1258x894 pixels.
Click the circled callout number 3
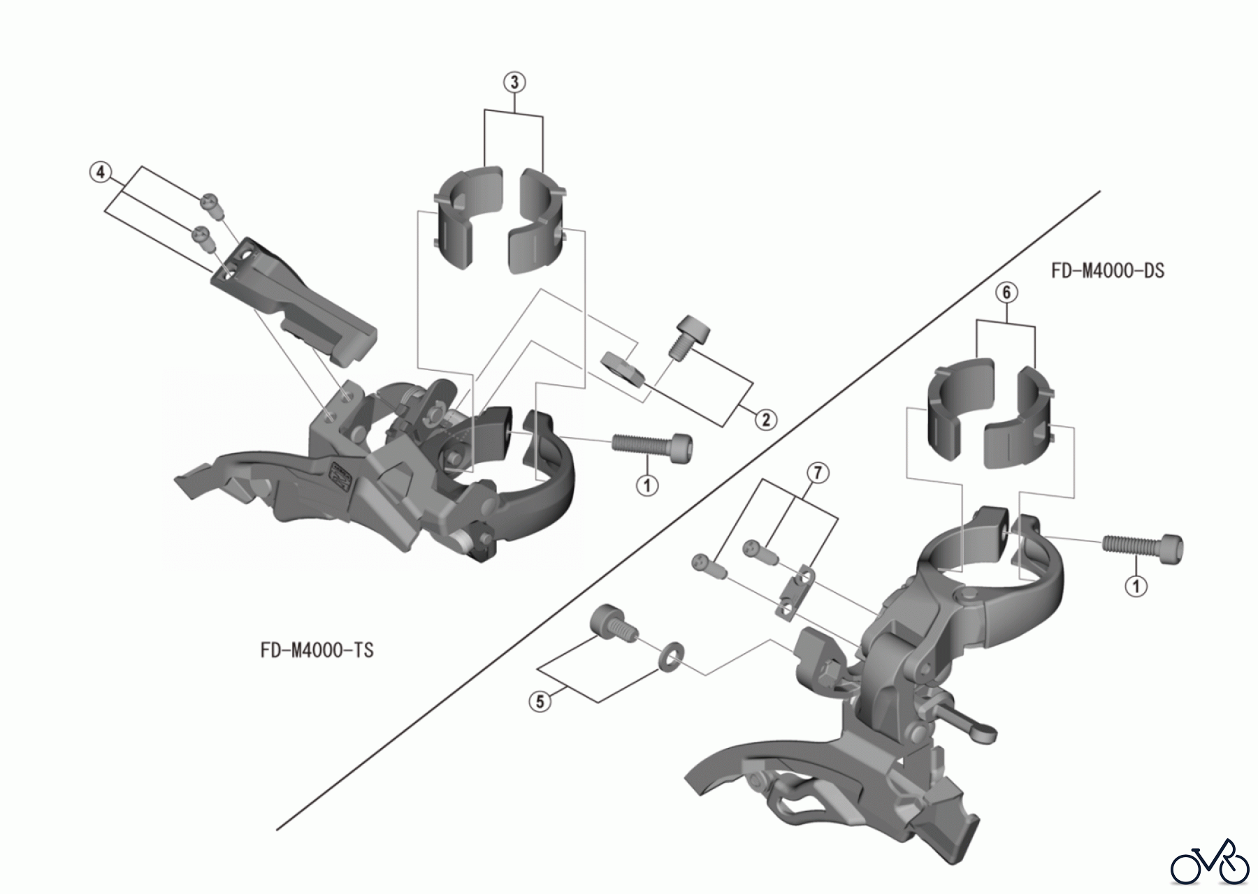[x=514, y=82]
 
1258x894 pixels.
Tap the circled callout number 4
[x=101, y=172]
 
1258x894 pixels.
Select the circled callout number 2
[x=766, y=420]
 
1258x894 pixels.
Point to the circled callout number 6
[x=1006, y=292]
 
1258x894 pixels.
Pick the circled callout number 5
[x=540, y=701]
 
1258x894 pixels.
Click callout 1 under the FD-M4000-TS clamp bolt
[x=647, y=485]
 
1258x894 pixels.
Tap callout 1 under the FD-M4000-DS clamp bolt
[x=1136, y=585]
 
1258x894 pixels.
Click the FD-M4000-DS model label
[x=1107, y=271]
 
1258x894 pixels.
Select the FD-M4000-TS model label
[x=317, y=650]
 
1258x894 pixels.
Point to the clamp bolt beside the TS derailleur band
[x=653, y=444]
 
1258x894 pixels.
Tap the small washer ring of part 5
[x=670, y=654]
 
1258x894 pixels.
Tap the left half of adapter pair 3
[x=467, y=217]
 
